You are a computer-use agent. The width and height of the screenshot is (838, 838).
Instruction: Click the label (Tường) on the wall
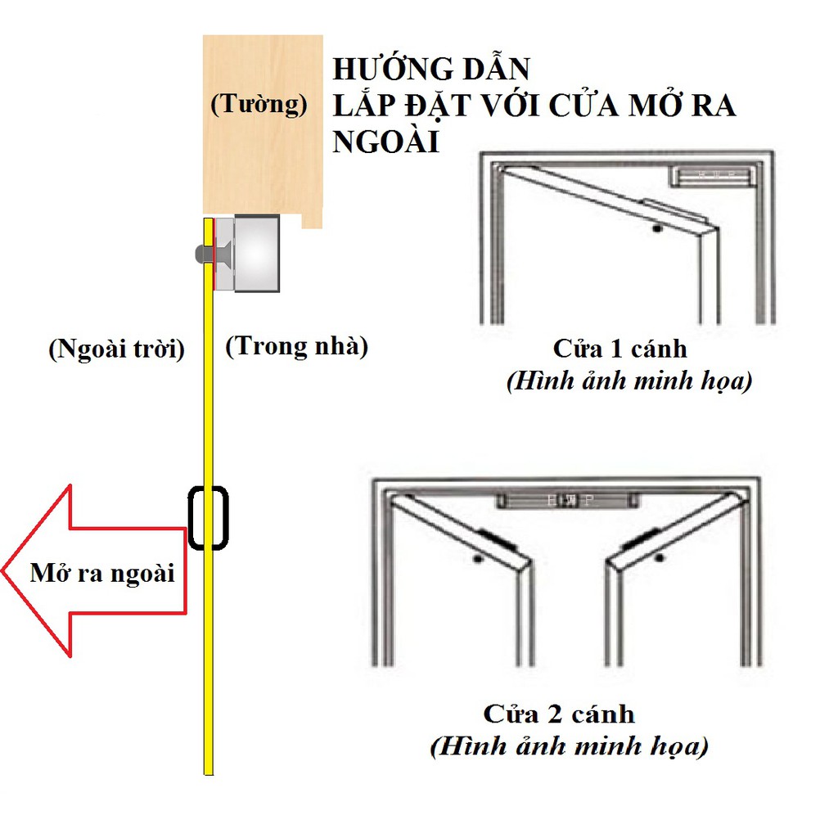coord(259,105)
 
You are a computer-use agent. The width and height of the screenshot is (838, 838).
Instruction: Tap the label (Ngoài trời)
coord(116,349)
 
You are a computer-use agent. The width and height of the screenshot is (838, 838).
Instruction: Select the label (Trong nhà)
coord(296,346)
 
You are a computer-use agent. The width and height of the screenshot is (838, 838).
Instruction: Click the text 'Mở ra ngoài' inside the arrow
coord(102,573)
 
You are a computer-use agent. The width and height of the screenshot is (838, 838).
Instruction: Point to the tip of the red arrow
coord(5,570)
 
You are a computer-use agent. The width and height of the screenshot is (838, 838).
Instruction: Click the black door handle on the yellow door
coord(208,517)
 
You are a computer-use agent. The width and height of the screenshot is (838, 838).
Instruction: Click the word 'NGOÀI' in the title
coord(386,142)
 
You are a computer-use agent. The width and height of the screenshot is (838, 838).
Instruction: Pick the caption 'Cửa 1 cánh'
coord(619,349)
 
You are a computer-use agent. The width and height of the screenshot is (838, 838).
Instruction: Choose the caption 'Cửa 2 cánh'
coord(559,714)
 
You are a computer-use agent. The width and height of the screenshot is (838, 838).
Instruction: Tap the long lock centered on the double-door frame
coord(564,498)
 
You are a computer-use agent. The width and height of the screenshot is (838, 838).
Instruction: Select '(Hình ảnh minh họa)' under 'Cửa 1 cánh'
coord(628,381)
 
